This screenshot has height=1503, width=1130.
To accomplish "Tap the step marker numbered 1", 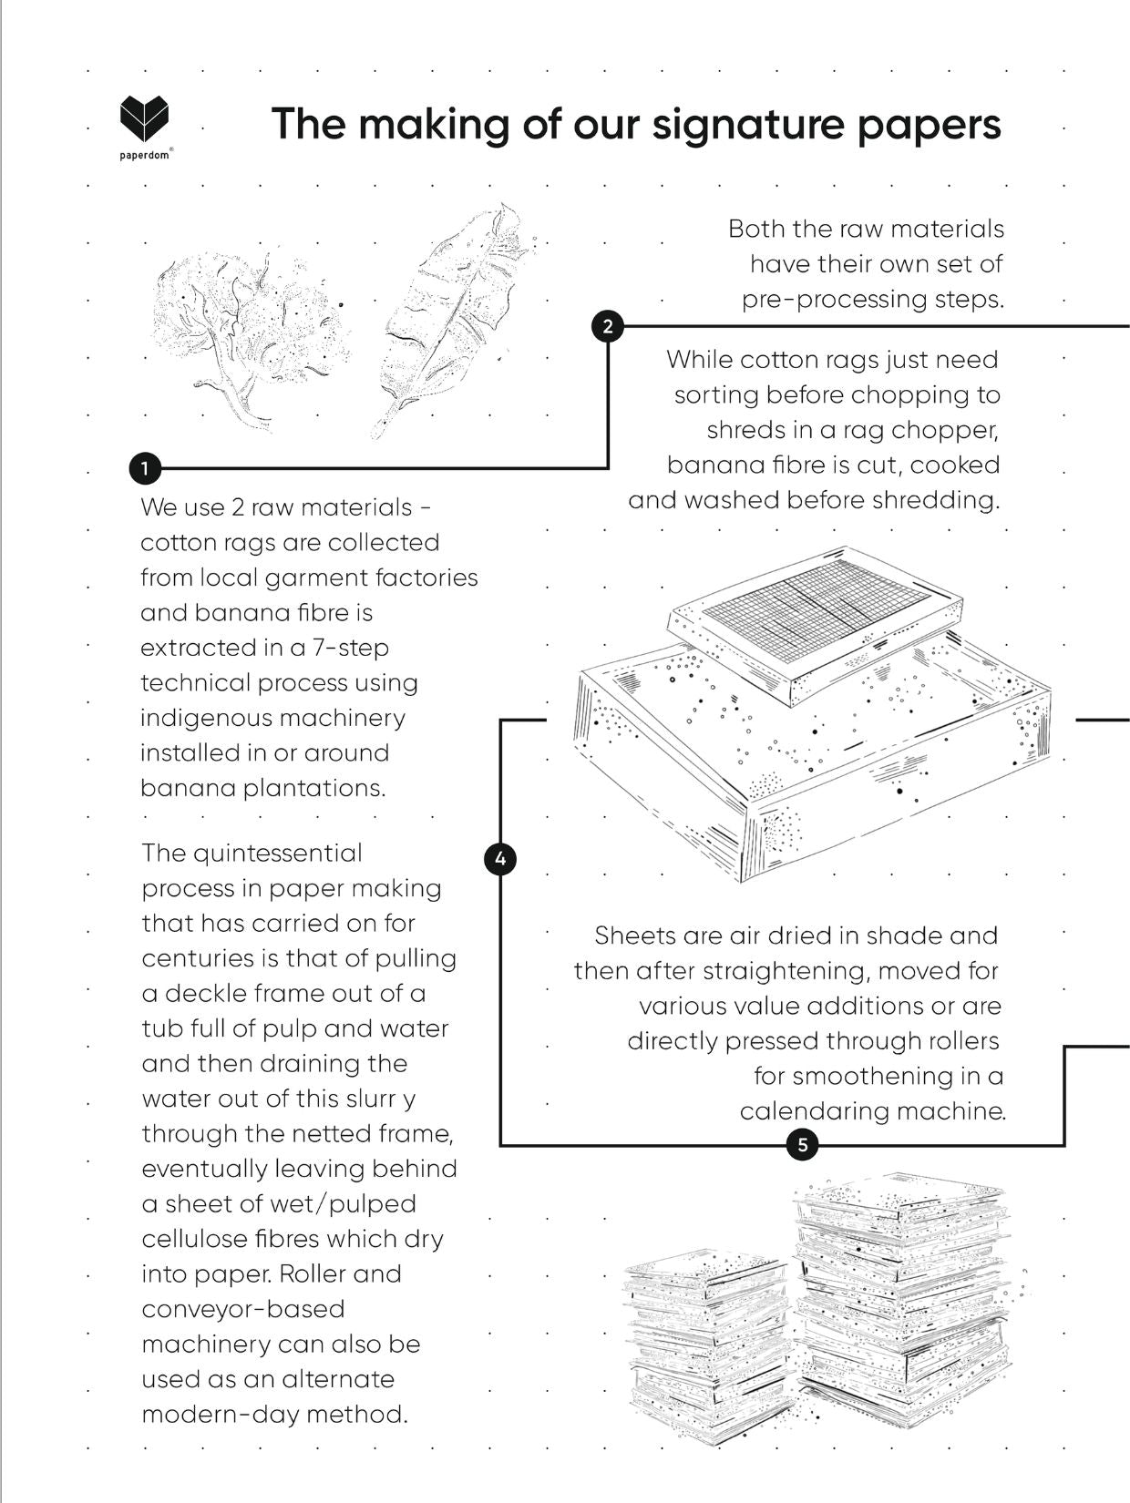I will tap(145, 469).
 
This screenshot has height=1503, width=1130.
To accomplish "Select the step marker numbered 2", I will tap(608, 326).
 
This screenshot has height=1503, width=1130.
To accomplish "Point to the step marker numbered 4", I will tap(500, 858).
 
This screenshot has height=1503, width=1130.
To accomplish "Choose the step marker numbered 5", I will tap(802, 1145).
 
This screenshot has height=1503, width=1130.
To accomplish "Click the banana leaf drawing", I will tap(451, 320).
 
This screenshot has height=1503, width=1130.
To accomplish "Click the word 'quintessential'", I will tap(278, 854).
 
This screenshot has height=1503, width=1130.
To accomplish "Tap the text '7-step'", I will tap(352, 648).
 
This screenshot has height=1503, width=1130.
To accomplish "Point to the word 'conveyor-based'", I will tap(242, 1309).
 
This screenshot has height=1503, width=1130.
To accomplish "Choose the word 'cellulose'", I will tap(193, 1239).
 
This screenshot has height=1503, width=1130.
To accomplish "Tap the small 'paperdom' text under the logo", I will tap(144, 156).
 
